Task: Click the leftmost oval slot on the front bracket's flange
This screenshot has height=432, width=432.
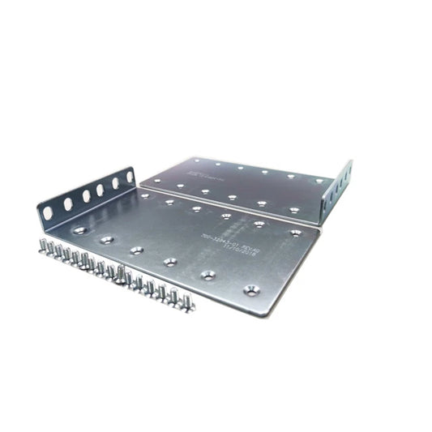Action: click(x=48, y=212)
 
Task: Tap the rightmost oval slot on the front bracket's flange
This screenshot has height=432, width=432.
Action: click(x=129, y=176)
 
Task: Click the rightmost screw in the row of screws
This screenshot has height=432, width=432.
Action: click(x=187, y=303)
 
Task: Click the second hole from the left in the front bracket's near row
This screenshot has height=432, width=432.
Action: click(x=106, y=240)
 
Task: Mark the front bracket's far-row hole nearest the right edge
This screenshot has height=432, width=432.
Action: click(x=295, y=233)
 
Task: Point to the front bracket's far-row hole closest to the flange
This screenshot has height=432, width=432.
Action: click(x=143, y=195)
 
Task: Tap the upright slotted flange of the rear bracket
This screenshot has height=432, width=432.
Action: click(x=338, y=189)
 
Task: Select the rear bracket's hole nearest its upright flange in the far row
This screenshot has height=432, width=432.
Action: click(x=319, y=181)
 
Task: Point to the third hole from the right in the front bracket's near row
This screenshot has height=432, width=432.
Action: click(x=170, y=262)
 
